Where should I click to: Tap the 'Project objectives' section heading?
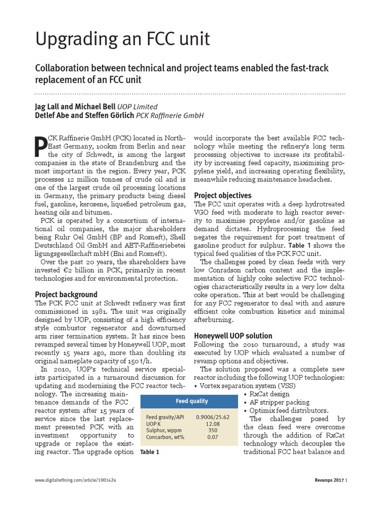coord(223,195)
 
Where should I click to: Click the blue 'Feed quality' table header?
coord(192,401)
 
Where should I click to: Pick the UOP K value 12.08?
coord(213,424)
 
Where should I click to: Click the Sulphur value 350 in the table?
coord(213,431)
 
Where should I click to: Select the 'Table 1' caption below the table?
coord(150,452)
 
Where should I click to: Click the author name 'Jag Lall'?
coord(48,106)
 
